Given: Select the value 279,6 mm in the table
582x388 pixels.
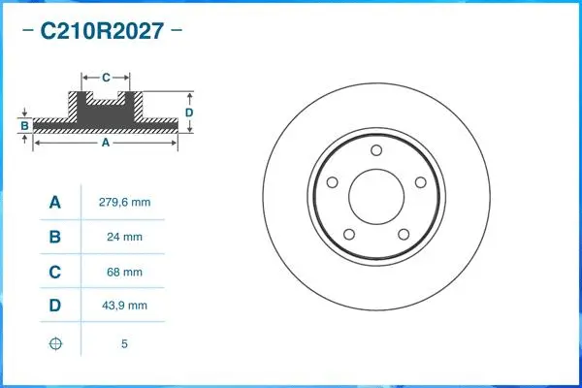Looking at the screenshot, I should pyautogui.click(x=125, y=203).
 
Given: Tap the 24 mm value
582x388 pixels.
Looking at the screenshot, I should pyautogui.click(x=125, y=237).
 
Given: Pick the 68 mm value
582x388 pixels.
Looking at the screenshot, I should pyautogui.click(x=125, y=272).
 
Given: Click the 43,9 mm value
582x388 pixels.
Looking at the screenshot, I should pyautogui.click(x=125, y=306).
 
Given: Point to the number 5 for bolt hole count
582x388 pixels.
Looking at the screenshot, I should pyautogui.click(x=125, y=343).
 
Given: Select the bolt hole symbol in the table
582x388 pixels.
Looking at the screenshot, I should pyautogui.click(x=55, y=343).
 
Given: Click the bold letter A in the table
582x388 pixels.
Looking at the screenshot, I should pyautogui.click(x=55, y=203).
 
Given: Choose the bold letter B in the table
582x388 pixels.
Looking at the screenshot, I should pyautogui.click(x=55, y=237).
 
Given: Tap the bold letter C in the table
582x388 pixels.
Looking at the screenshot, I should pyautogui.click(x=55, y=272).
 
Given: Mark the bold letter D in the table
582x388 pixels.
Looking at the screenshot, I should pyautogui.click(x=55, y=306).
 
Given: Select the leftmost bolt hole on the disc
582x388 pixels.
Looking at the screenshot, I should pyautogui.click(x=331, y=183).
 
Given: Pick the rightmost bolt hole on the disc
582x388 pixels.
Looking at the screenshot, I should pyautogui.click(x=421, y=182).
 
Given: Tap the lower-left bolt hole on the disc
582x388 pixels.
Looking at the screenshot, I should pyautogui.click(x=348, y=236).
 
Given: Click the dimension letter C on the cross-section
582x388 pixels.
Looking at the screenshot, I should pyautogui.click(x=106, y=75).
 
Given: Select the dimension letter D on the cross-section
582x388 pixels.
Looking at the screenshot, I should pyautogui.click(x=189, y=112).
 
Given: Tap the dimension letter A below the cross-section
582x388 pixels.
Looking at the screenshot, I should pyautogui.click(x=106, y=143).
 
